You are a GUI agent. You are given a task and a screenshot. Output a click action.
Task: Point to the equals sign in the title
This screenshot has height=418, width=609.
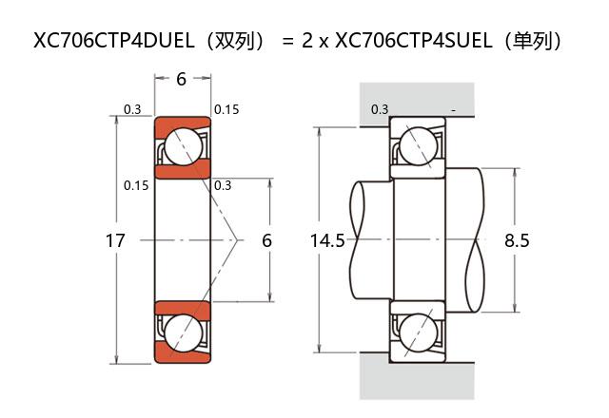pyautogui.click(x=287, y=41)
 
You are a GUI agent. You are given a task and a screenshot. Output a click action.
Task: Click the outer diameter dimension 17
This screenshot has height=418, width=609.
pyautogui.click(x=114, y=241)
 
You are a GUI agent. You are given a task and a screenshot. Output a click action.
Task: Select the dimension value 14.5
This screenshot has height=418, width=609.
pyautogui.click(x=327, y=241)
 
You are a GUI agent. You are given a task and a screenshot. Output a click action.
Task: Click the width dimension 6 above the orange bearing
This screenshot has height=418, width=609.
pyautogui.click(x=181, y=79)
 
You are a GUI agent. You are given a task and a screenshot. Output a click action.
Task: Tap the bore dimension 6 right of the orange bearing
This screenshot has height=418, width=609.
pyautogui.click(x=266, y=241)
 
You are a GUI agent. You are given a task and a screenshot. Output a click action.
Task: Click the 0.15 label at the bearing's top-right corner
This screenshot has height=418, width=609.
pyautogui.click(x=226, y=110)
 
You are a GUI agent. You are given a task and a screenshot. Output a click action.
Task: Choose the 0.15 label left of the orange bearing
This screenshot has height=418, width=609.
pyautogui.click(x=136, y=185)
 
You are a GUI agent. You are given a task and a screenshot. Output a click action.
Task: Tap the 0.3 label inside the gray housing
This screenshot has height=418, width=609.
pyautogui.click(x=379, y=109)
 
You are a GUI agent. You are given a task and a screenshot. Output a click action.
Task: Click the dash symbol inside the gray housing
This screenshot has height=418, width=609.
pyautogui.click(x=454, y=110)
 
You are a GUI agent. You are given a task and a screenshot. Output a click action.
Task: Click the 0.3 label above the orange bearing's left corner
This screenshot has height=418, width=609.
pyautogui.click(x=132, y=110)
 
